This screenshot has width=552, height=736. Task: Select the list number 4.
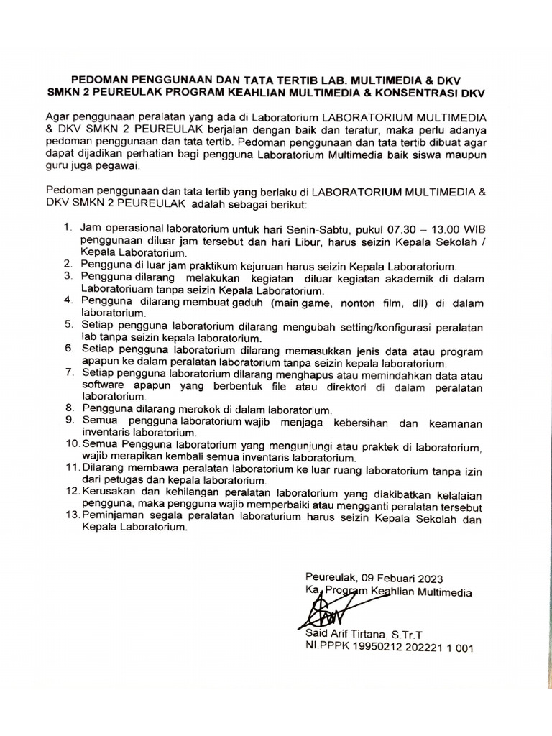68,300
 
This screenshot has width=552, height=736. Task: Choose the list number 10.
70,446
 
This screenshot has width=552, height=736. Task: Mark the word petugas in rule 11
124,480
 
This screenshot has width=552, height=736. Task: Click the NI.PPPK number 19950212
380,647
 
